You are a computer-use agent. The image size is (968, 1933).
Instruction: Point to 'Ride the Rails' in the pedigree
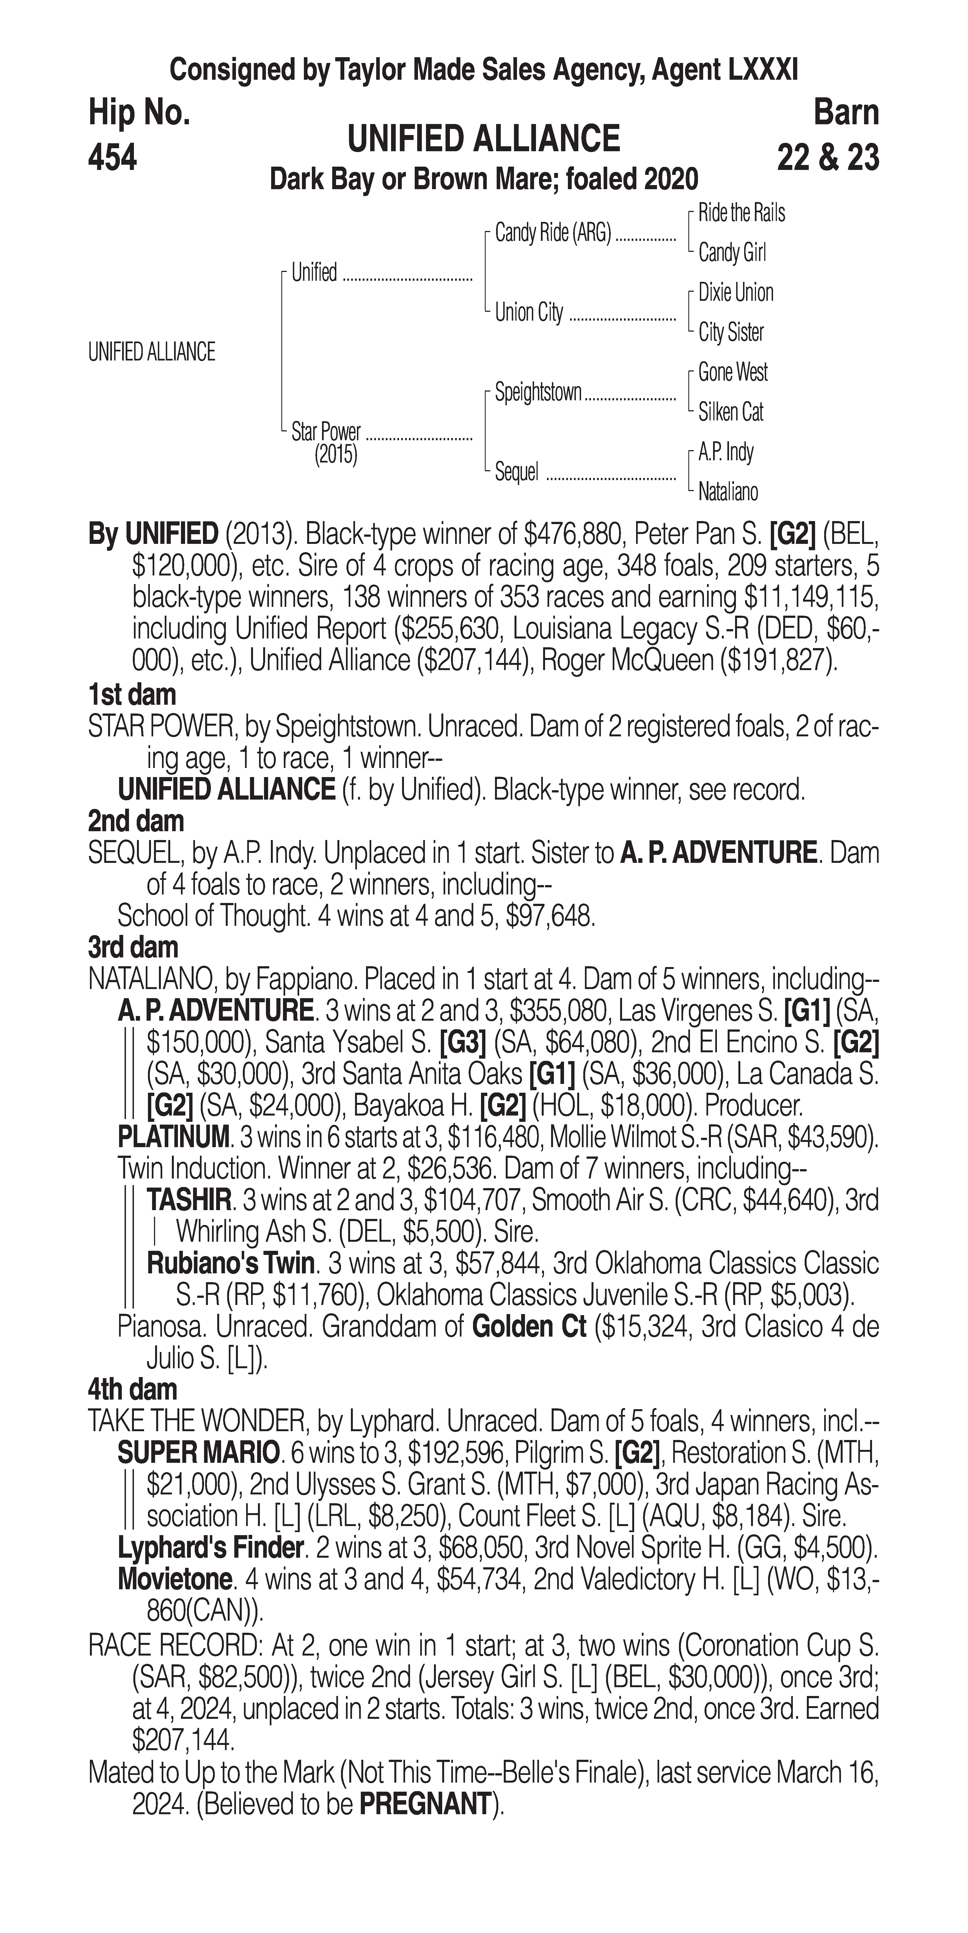[x=741, y=213]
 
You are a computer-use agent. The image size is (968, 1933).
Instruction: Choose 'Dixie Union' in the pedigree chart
[x=735, y=293]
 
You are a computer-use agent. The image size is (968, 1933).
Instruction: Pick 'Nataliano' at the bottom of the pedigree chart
[x=728, y=492]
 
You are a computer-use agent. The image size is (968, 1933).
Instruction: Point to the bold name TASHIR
[x=188, y=1200]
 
